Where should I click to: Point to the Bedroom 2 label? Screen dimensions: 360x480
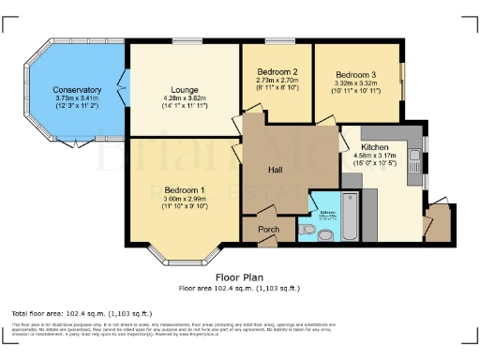click(277, 72)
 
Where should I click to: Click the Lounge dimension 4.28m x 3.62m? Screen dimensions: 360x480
click(185, 98)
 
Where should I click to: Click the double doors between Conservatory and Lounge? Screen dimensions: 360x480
click(122, 92)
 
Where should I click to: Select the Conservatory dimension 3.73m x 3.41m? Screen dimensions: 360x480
click(78, 98)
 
